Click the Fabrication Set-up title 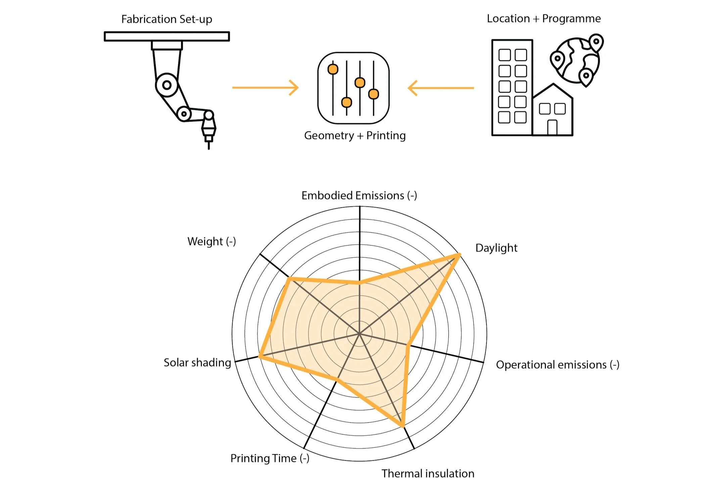click(x=167, y=19)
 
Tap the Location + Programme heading click(x=544, y=18)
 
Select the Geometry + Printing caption click(x=355, y=135)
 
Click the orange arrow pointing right click(x=265, y=88)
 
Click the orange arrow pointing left click(x=440, y=88)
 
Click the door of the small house click(x=552, y=128)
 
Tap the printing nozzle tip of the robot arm click(x=209, y=146)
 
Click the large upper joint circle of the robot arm click(x=167, y=85)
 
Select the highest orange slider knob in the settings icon click(x=333, y=69)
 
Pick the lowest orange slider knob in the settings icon click(x=346, y=102)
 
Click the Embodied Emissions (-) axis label click(x=359, y=195)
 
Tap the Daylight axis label click(x=496, y=248)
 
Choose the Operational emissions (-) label click(x=557, y=365)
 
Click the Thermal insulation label click(x=428, y=473)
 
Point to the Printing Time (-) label click(x=270, y=458)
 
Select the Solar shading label click(x=197, y=363)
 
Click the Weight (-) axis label click(x=211, y=241)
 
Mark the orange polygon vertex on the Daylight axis click(x=458, y=256)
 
